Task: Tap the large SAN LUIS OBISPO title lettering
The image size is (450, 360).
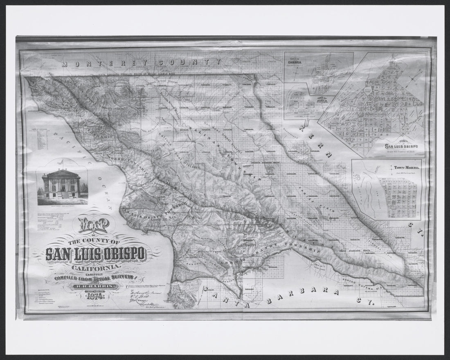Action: pos(96,254)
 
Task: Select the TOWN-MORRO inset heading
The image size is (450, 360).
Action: pos(404,168)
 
